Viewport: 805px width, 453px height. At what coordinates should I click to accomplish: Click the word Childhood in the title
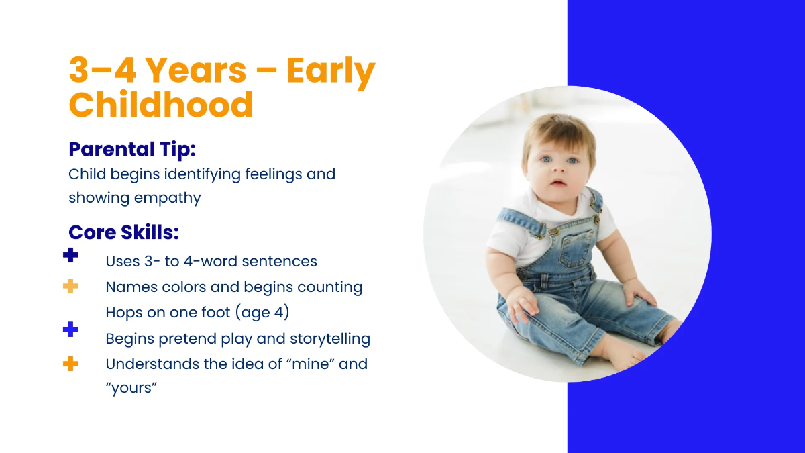[161, 104]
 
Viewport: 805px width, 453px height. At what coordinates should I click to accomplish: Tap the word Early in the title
[331, 72]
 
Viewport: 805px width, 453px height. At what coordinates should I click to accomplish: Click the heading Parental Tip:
[132, 149]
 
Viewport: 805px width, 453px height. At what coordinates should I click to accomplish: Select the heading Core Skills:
[123, 232]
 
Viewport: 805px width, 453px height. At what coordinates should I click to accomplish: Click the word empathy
[168, 199]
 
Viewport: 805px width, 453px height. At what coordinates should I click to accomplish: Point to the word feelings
[274, 174]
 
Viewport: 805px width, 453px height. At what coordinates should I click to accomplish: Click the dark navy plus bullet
[70, 255]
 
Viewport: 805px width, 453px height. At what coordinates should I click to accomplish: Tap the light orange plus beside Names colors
[70, 286]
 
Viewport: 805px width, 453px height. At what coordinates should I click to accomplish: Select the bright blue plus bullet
[70, 330]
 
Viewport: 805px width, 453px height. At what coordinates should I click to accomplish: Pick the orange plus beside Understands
[70, 364]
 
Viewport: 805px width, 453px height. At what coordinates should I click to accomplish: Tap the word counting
[330, 288]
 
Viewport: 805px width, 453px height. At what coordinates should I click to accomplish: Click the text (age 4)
[262, 313]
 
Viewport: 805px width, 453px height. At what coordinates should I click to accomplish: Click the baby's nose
[558, 168]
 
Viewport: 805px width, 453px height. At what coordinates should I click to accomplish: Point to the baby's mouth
[558, 183]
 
